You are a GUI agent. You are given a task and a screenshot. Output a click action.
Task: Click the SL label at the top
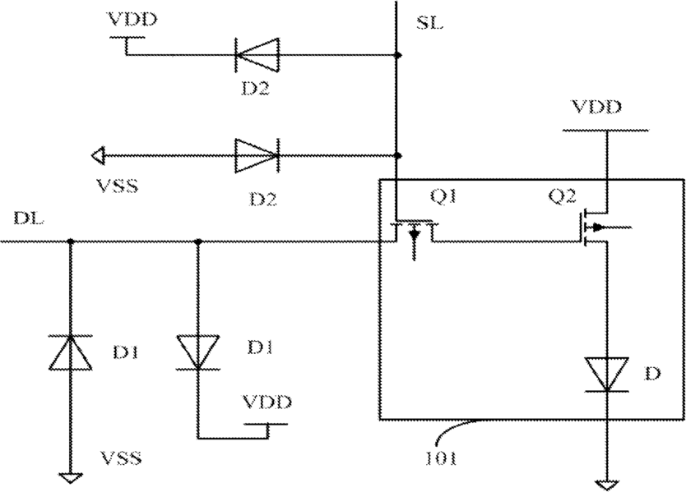(429, 23)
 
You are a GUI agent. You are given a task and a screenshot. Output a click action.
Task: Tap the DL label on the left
(29, 218)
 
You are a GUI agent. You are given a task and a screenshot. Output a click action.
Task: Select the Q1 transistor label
(443, 196)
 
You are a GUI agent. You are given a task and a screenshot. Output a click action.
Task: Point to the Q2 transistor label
(562, 196)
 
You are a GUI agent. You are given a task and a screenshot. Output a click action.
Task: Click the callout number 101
(441, 458)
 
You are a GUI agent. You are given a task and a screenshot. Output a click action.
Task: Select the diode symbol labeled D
(607, 374)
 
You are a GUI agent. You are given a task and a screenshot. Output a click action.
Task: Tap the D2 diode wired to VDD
(257, 55)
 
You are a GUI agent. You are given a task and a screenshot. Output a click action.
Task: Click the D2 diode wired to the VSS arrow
(257, 155)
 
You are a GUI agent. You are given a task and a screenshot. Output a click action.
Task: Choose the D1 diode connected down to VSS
(70, 352)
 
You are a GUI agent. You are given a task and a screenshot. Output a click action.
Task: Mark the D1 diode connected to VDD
(197, 352)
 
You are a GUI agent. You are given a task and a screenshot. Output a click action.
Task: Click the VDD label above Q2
(596, 107)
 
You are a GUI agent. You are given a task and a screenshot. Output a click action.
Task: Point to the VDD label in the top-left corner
(132, 20)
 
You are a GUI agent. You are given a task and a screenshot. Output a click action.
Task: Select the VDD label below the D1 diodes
(267, 402)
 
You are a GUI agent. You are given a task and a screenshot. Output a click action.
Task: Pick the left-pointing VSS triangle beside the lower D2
(98, 155)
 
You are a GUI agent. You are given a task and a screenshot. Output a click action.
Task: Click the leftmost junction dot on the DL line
(70, 241)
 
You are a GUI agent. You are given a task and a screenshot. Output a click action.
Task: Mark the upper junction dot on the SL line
(397, 55)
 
